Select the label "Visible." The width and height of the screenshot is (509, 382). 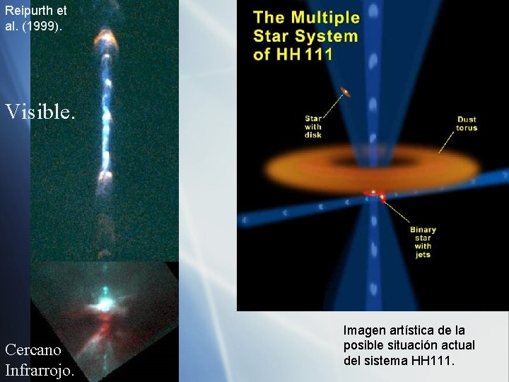click(40, 112)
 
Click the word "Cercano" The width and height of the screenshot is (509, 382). click(36, 349)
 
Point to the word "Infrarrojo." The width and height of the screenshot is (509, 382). click(40, 369)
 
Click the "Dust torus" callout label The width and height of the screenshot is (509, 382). click(467, 123)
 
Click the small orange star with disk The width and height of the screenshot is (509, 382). click(346, 91)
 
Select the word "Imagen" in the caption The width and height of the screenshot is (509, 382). click(365, 330)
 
